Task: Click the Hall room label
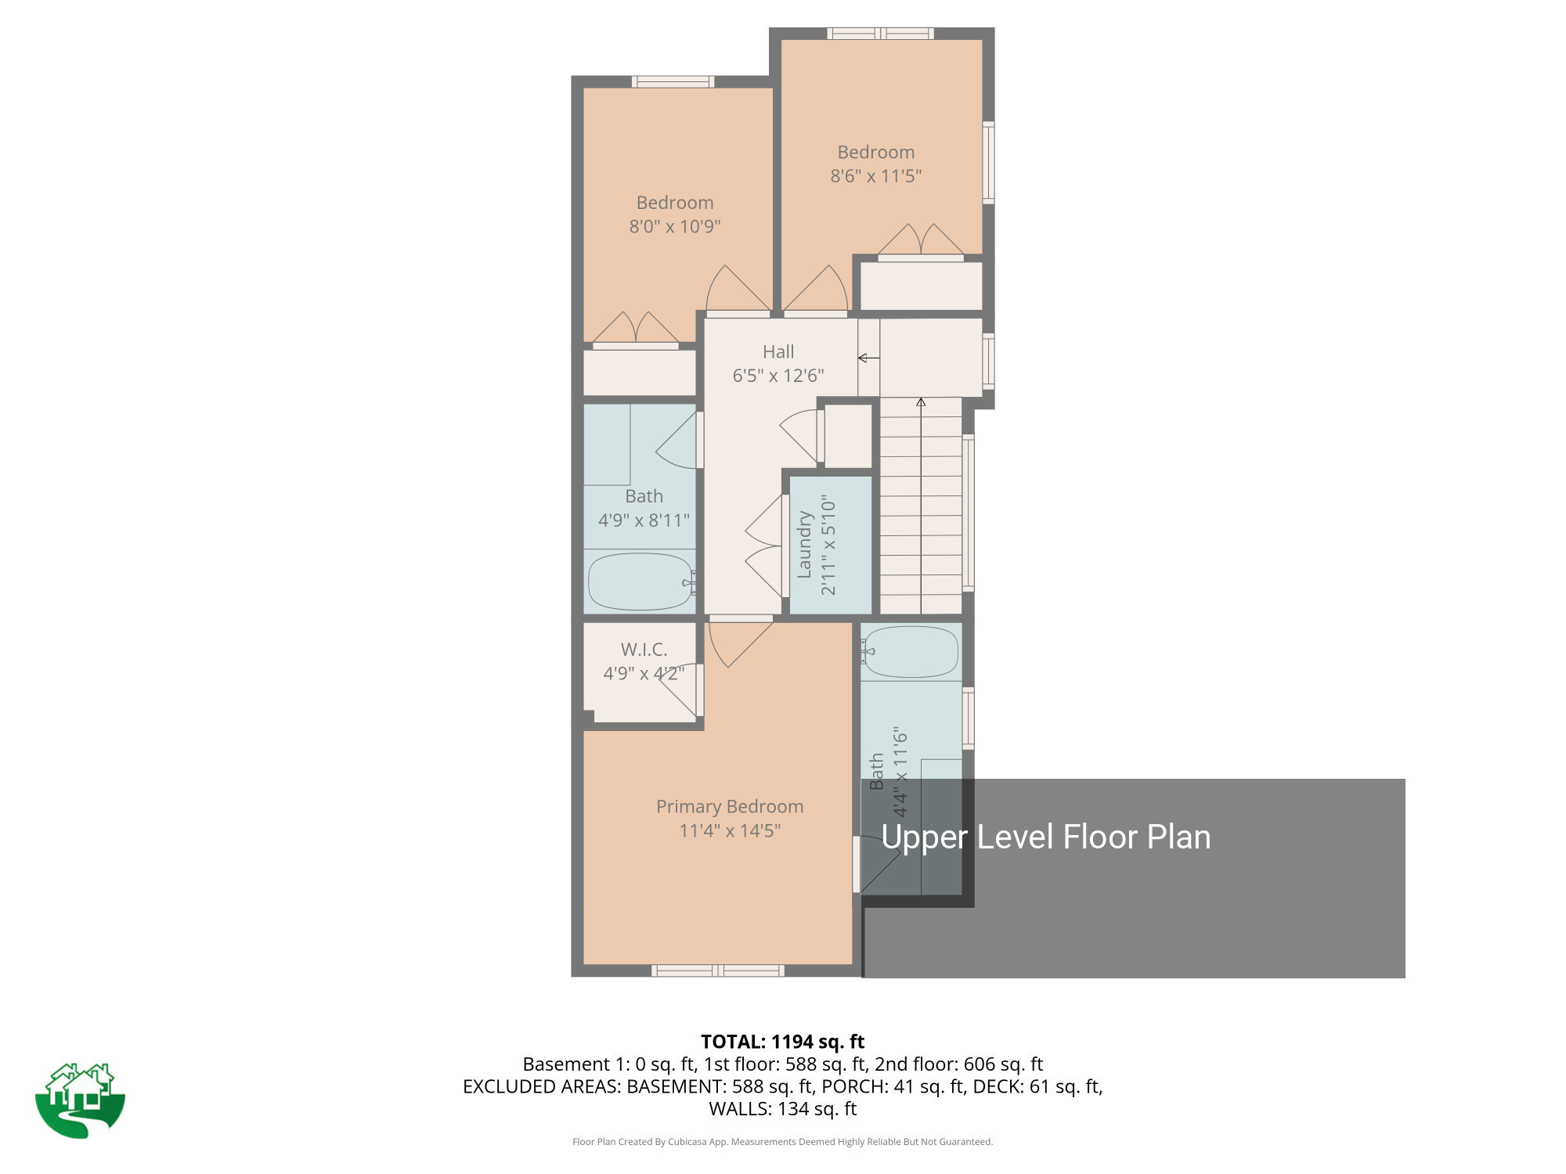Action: click(x=778, y=352)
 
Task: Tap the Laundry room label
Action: click(x=804, y=545)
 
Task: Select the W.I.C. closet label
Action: click(x=644, y=650)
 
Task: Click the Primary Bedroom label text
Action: click(x=730, y=807)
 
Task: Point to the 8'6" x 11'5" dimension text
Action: click(x=875, y=176)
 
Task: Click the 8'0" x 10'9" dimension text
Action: click(x=674, y=227)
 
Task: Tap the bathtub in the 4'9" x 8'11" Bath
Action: click(x=640, y=582)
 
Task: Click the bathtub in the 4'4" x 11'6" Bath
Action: click(x=911, y=652)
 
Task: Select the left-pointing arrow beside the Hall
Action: click(x=868, y=358)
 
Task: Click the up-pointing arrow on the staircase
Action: click(x=921, y=403)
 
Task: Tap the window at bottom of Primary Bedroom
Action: click(x=717, y=971)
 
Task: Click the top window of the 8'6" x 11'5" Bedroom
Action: click(x=880, y=33)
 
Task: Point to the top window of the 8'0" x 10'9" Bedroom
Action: click(x=673, y=81)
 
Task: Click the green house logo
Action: click(x=80, y=1100)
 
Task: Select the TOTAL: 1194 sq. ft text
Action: click(x=782, y=1042)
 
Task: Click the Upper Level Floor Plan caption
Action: click(x=1045, y=837)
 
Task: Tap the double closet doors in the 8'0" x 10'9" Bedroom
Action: click(x=635, y=329)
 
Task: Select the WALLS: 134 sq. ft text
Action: click(x=782, y=1109)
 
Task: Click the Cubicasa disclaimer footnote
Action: click(x=782, y=1142)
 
